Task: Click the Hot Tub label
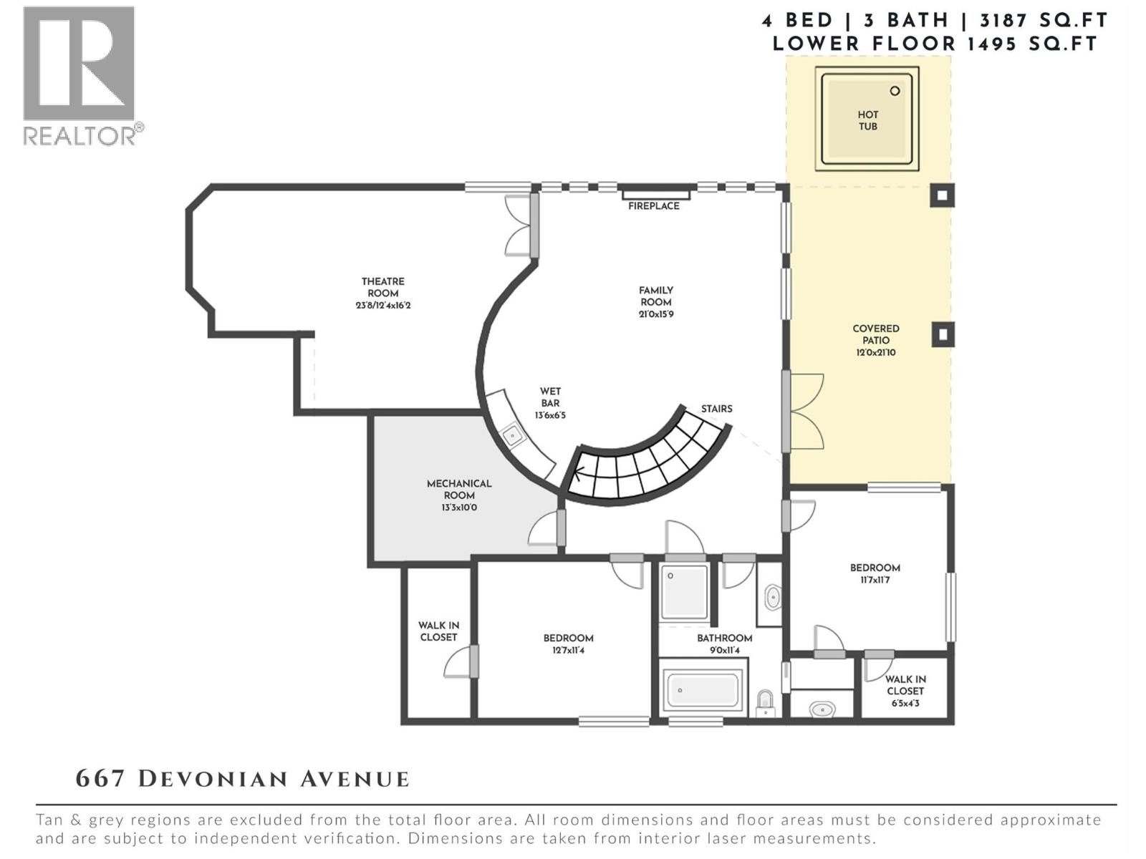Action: [x=867, y=120]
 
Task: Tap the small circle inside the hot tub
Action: [x=895, y=91]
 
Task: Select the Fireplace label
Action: [x=653, y=206]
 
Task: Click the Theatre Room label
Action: [x=382, y=288]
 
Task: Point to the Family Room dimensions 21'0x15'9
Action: [x=656, y=314]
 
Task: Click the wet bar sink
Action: [x=513, y=435]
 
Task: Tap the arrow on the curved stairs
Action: [x=577, y=472]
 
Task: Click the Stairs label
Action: [x=716, y=409]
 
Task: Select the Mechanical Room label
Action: [x=459, y=490]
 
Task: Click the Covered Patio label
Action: [x=875, y=334]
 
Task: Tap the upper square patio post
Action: [x=942, y=195]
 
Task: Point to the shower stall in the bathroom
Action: [x=684, y=591]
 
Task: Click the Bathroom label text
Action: [x=724, y=638]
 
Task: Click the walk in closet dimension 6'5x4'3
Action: [x=905, y=704]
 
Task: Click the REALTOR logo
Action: [x=80, y=75]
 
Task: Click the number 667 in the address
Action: [x=100, y=779]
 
